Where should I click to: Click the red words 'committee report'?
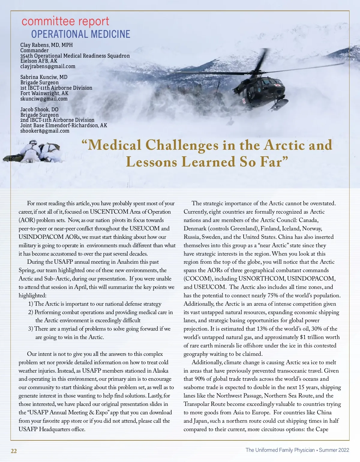pos(65,22)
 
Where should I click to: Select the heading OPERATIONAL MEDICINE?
pos(81,34)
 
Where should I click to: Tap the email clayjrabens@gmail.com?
pos(48,66)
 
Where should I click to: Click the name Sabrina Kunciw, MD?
pos(44,77)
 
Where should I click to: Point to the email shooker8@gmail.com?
pos(45,131)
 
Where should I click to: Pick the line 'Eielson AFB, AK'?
pos(39,61)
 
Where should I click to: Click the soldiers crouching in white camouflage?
pos(36,151)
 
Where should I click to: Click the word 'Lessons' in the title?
pos(151,162)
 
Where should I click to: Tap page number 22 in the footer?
pos(14,451)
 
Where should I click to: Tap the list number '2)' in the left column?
pos(31,312)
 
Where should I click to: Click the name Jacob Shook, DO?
pos(39,109)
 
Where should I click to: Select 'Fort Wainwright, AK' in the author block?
pos(44,93)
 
